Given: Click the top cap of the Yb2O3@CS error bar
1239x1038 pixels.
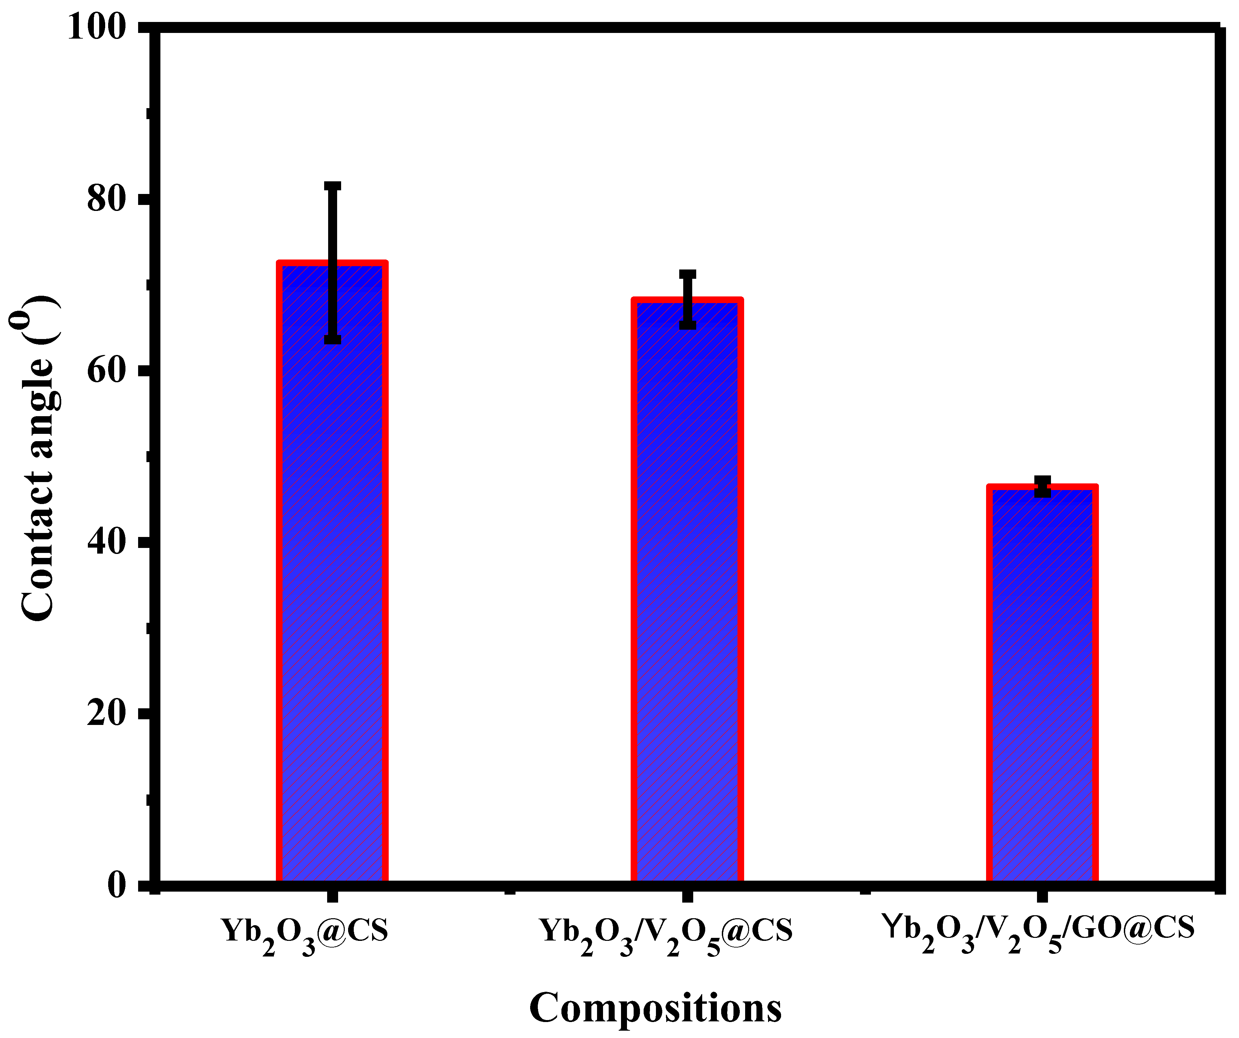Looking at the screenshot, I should (x=333, y=186).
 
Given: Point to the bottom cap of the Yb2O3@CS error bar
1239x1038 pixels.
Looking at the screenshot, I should (x=333, y=339).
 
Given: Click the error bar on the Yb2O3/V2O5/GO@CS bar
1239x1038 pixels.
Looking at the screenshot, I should (x=1043, y=486).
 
